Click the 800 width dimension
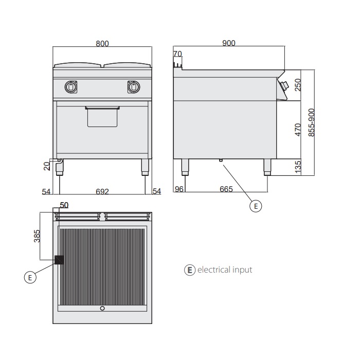click(x=102, y=44)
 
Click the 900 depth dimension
click(x=228, y=43)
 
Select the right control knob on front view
click(x=133, y=87)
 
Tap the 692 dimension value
click(x=102, y=191)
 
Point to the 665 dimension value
click(x=226, y=189)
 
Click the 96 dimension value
click(x=179, y=189)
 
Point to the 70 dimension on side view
click(x=178, y=54)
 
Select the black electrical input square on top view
click(x=59, y=260)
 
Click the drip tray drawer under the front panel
click(x=102, y=116)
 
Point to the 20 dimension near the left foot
click(x=46, y=166)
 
